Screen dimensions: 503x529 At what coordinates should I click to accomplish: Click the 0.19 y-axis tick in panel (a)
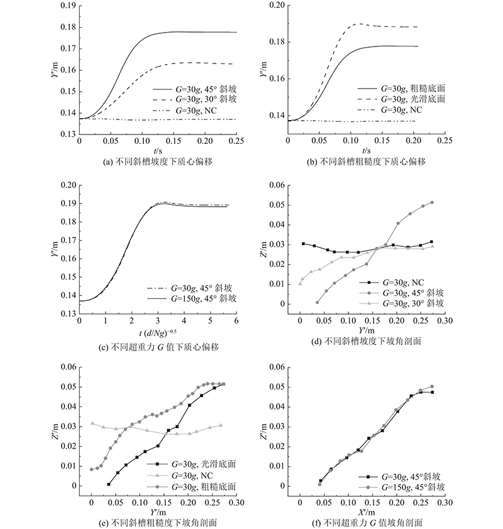pos(69,6)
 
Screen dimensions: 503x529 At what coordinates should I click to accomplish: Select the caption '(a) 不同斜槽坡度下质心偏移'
pos(158,161)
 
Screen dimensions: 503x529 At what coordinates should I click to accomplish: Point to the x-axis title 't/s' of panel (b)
pos(367,150)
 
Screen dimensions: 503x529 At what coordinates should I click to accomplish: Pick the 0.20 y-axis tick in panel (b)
pos(277,6)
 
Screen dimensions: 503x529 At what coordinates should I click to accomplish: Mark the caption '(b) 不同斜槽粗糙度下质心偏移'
pos(366,161)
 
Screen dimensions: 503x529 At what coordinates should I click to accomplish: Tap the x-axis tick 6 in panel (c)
pos(236,320)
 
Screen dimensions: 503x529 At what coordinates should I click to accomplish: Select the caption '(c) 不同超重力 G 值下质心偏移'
pos(158,347)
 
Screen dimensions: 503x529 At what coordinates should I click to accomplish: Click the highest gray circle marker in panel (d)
pos(432,202)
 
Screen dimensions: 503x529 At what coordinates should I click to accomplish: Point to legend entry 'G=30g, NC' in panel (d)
pos(403,283)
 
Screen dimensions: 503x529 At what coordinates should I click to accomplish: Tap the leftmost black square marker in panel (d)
pos(303,244)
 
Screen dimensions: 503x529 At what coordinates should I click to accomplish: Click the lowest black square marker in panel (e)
pos(109,484)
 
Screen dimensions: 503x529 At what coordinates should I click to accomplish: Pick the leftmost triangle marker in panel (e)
pos(92,423)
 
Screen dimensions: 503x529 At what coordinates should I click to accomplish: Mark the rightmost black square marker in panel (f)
pos(432,393)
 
